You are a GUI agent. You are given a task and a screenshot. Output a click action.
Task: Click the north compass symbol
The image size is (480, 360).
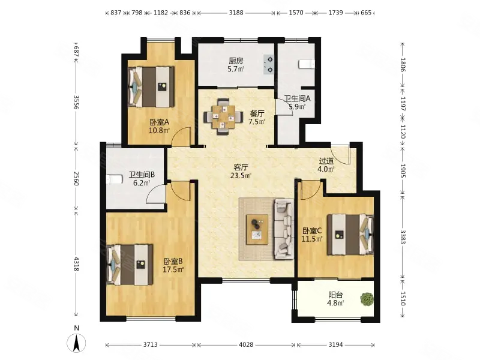[x=76, y=343]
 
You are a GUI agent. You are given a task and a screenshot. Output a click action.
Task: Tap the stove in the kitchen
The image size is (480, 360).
[x=269, y=64]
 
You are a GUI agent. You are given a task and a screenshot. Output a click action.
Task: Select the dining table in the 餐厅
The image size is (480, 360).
[x=223, y=116]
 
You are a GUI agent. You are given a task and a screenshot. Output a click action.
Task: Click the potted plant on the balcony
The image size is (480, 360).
[x=367, y=299]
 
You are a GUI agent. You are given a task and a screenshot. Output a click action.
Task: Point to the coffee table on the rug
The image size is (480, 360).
[x=257, y=229]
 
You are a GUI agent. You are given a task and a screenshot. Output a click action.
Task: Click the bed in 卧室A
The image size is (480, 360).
[x=151, y=87]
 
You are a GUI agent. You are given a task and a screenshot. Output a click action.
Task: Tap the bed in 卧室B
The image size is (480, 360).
[x=130, y=265]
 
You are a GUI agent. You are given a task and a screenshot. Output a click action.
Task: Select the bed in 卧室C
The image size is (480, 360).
[x=350, y=235]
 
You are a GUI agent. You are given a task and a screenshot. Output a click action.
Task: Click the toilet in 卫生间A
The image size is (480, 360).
[x=307, y=64]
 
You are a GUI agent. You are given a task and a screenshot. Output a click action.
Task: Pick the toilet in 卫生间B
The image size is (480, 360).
[x=114, y=179]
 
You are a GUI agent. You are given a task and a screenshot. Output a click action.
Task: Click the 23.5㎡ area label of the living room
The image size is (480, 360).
[x=241, y=176]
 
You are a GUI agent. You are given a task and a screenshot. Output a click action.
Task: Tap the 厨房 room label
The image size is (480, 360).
[x=236, y=61]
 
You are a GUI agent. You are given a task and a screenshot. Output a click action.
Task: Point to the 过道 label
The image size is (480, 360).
[x=326, y=161]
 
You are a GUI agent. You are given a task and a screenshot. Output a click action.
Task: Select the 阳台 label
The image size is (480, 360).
[x=335, y=295]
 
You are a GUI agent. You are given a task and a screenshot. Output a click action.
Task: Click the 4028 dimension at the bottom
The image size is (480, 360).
[x=246, y=344]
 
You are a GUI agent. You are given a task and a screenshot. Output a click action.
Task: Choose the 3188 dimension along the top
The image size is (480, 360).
[x=236, y=13]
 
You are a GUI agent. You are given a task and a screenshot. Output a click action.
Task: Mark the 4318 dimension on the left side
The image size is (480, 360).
[x=76, y=263]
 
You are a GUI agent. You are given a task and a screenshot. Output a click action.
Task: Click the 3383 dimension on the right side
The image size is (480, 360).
[x=403, y=237]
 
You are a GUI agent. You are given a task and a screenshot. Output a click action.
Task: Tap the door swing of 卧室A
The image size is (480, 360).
[x=181, y=136]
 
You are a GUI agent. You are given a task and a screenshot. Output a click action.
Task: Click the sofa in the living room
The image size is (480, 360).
[x=284, y=229]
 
